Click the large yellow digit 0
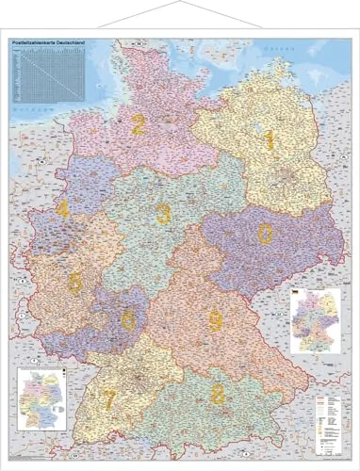point(267,232)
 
